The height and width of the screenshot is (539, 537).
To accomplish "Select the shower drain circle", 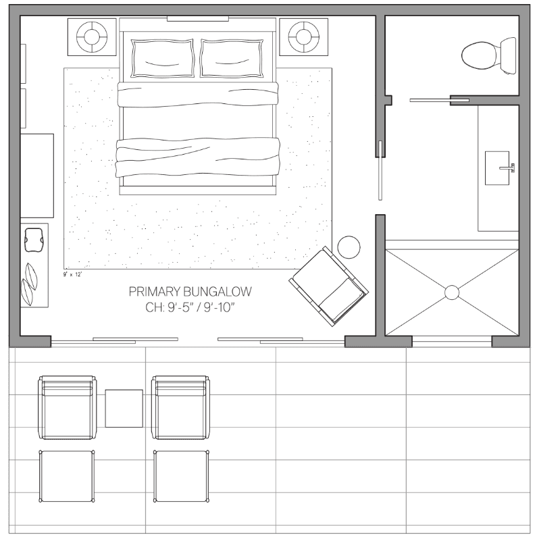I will tap(451, 292).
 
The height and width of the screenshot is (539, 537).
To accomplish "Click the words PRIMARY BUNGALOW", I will tap(190, 292).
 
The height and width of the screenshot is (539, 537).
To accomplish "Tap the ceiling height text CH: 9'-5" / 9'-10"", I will tap(190, 307).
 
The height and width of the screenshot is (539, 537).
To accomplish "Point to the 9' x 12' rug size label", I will tap(72, 275).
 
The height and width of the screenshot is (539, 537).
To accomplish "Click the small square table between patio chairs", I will tap(124, 408).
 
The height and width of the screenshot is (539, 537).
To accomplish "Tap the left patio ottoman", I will tap(66, 476).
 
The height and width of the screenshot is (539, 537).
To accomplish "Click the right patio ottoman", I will tap(180, 476).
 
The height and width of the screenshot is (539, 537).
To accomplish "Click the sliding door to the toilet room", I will tap(430, 101).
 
